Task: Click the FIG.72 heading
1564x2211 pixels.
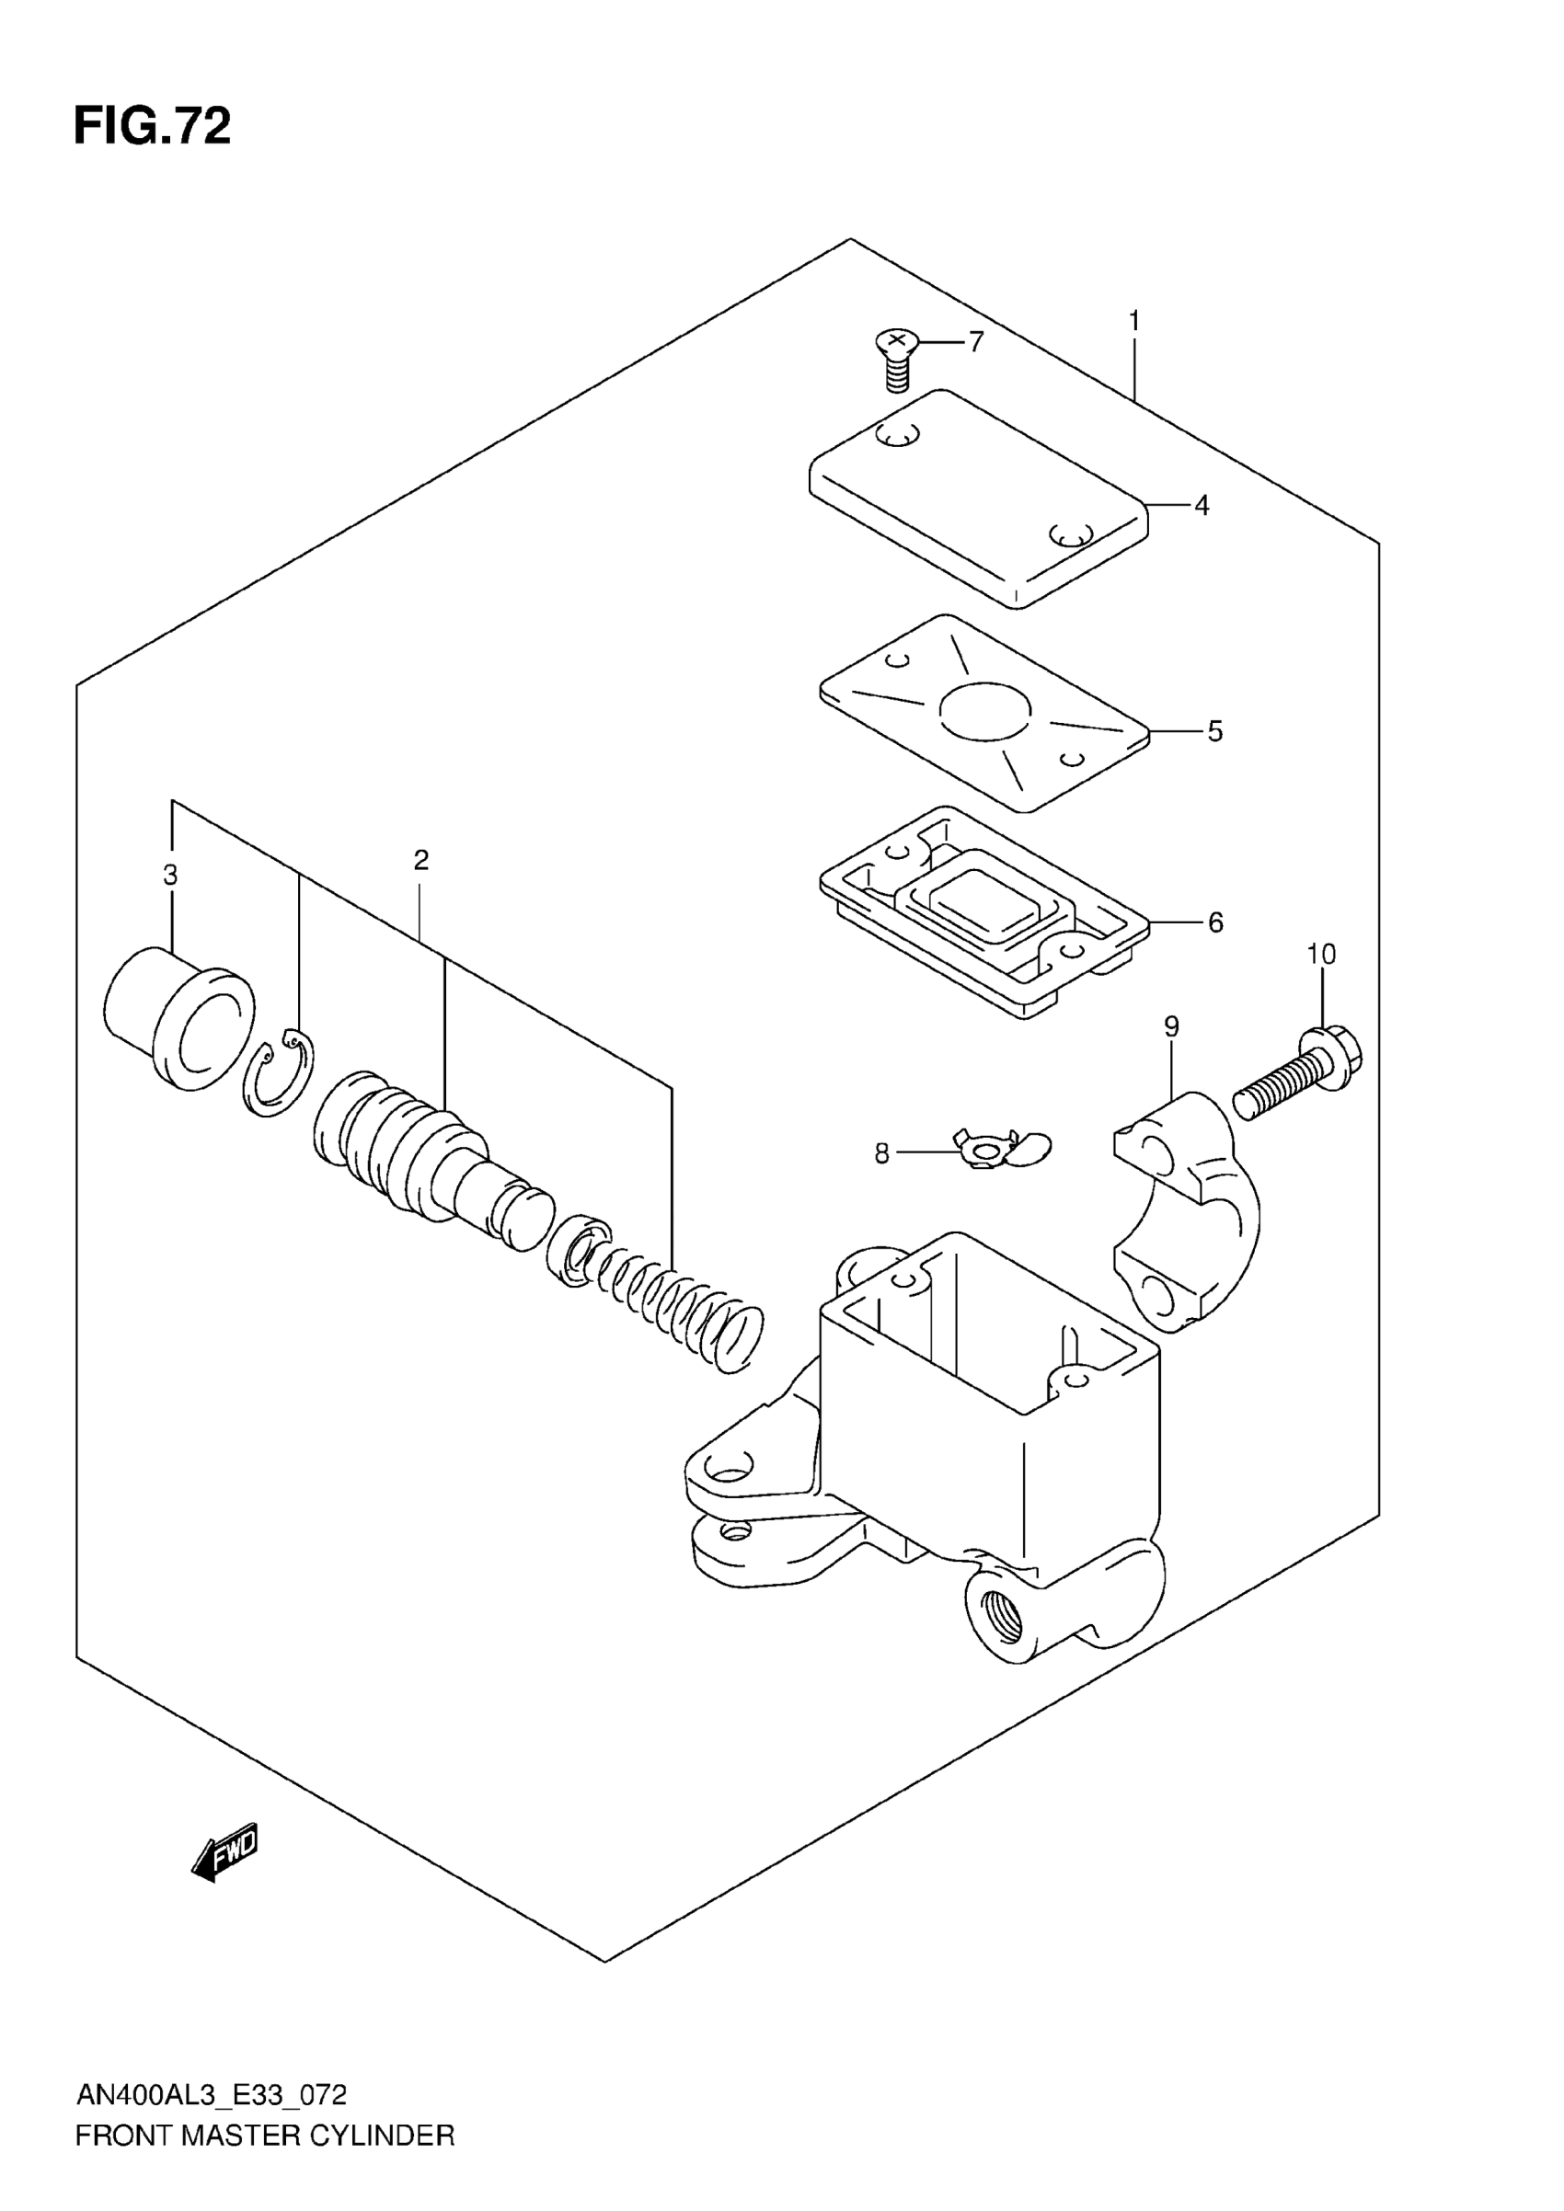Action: (152, 126)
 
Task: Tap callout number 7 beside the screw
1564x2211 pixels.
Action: (975, 342)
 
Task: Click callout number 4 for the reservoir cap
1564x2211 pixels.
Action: (1201, 505)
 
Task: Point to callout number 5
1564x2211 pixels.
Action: (1214, 732)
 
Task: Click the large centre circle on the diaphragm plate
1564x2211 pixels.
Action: (985, 712)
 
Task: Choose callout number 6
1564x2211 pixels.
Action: (1215, 922)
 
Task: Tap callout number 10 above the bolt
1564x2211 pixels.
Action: (1320, 955)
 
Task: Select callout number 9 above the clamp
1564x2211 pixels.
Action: (1171, 1026)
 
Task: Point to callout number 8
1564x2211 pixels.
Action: (881, 1153)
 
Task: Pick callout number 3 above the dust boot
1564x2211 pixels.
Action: (170, 876)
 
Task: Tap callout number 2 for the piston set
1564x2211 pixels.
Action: (420, 860)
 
